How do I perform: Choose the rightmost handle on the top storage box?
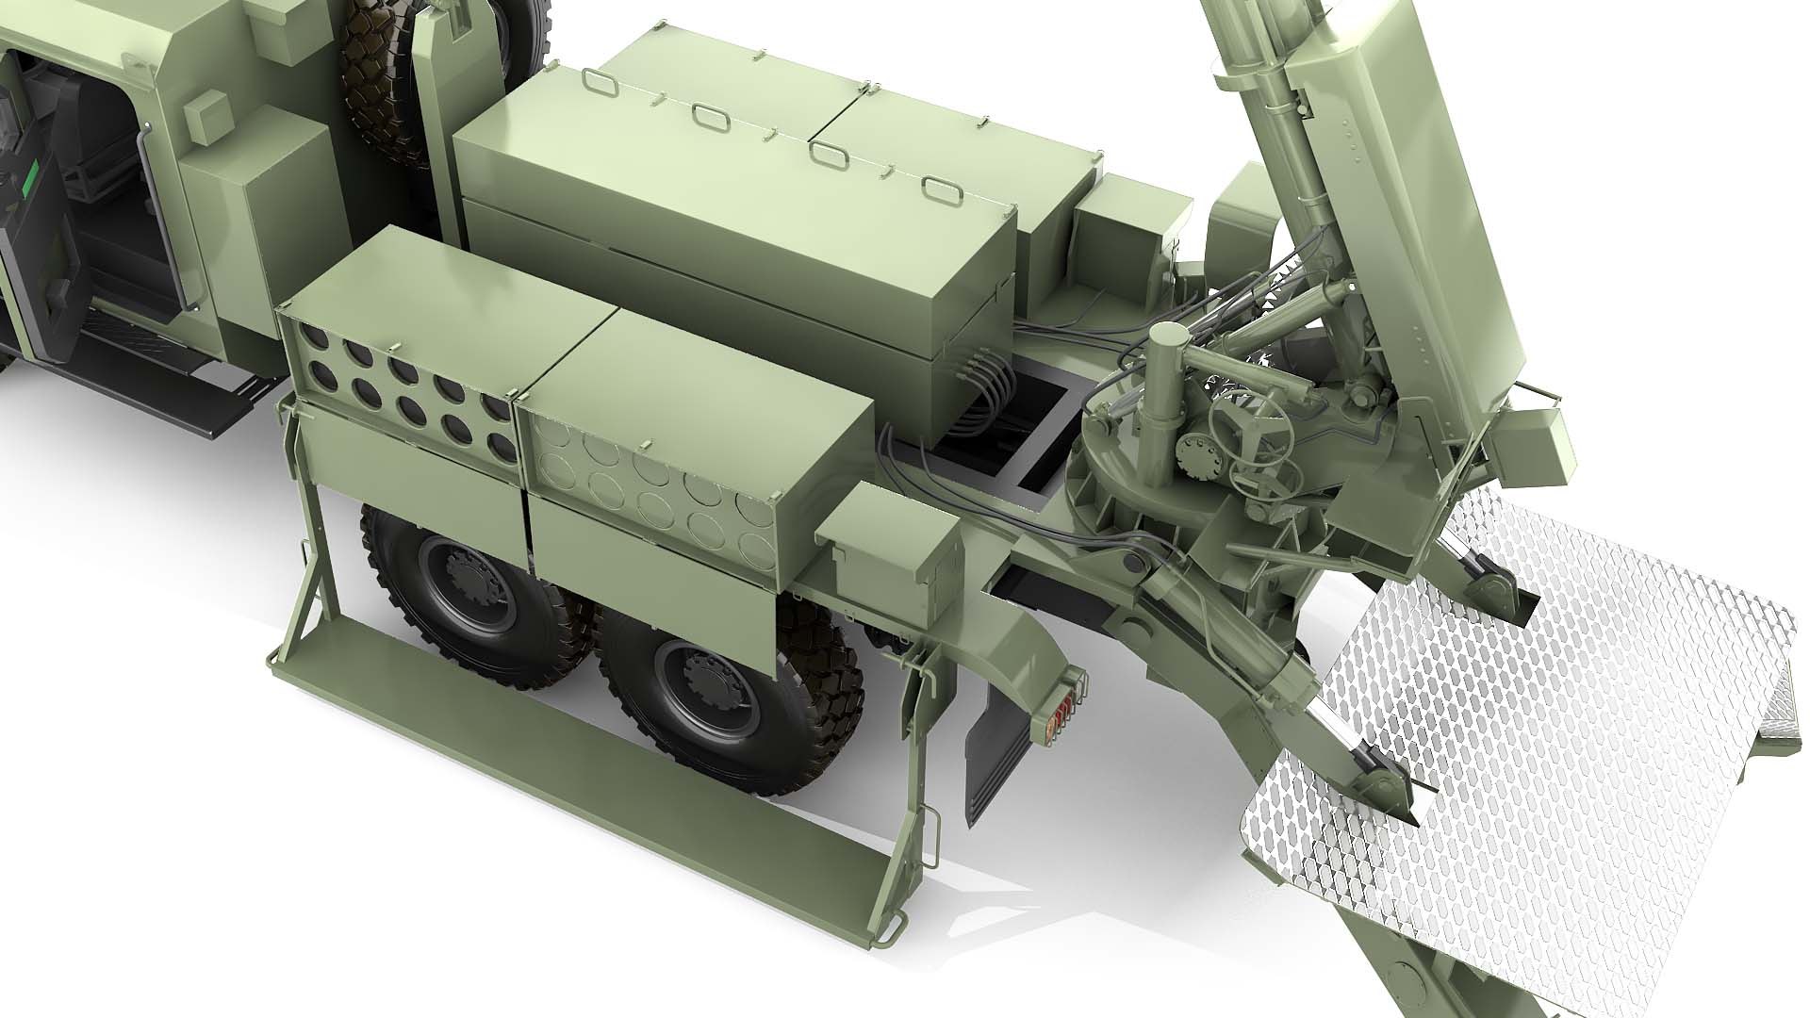coord(938,188)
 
